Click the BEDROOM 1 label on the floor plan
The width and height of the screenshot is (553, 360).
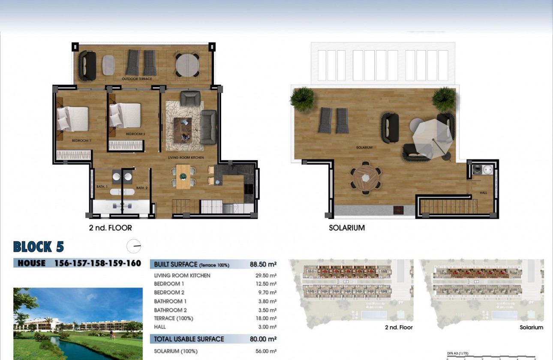tap(81, 141)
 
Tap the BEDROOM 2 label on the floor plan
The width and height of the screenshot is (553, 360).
tap(135, 134)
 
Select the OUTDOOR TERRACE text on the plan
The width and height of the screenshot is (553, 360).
tap(137, 79)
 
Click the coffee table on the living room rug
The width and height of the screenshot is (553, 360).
tap(183, 128)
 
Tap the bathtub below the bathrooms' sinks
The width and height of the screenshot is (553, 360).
tap(122, 192)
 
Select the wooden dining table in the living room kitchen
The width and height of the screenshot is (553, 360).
tap(183, 177)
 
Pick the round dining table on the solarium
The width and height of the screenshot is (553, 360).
tap(366, 178)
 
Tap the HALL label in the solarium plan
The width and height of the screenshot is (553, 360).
tap(483, 193)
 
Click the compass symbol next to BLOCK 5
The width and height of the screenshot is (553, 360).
tap(134, 246)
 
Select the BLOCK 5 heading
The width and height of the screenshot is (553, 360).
tap(39, 247)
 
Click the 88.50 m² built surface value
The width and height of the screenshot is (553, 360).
tap(263, 264)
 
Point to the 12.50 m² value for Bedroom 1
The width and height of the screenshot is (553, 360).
tap(266, 284)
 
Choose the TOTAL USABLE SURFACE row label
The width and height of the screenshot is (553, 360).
tap(189, 339)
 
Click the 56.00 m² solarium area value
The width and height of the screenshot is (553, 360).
tap(266, 351)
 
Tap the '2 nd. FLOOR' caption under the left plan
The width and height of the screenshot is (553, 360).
tap(110, 228)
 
